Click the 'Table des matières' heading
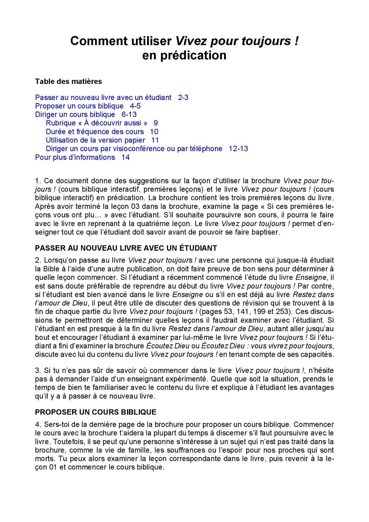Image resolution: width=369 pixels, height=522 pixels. tap(68, 81)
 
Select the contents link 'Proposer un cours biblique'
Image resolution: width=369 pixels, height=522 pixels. tap(79, 106)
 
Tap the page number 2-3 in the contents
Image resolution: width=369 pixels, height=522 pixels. tap(183, 97)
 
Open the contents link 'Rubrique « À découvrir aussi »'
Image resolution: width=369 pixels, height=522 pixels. tap(97, 123)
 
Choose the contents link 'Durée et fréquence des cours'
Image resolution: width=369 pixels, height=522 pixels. tap(95, 132)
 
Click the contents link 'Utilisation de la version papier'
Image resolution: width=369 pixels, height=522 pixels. tap(95, 140)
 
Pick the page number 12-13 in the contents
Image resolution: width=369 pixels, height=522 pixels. tap(238, 148)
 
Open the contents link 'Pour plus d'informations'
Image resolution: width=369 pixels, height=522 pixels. tap(75, 157)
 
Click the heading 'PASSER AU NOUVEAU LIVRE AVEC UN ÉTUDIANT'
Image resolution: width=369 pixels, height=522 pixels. tap(126, 248)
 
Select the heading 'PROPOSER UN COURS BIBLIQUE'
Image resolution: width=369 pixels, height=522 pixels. tap(95, 412)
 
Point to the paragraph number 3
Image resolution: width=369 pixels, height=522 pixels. tap(38, 370)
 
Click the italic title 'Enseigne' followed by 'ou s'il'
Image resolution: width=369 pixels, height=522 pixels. tap(187, 294)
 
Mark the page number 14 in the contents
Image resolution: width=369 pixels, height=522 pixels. tap(125, 157)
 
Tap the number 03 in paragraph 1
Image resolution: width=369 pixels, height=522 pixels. tap(135, 206)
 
